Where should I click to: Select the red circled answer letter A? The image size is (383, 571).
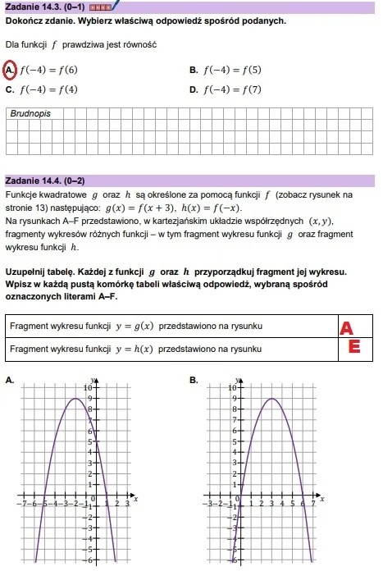click(x=11, y=70)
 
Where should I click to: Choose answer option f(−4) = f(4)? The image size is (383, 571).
click(x=48, y=89)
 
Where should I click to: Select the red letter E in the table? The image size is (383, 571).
click(x=354, y=348)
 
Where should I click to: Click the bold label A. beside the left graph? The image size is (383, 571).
click(x=8, y=380)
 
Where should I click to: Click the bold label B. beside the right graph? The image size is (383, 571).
click(x=194, y=380)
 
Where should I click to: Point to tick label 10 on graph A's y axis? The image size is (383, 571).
click(x=90, y=386)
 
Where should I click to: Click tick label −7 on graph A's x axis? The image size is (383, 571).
click(x=25, y=504)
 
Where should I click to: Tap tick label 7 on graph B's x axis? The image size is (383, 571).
click(x=312, y=504)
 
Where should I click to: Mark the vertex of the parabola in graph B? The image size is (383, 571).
click(x=271, y=399)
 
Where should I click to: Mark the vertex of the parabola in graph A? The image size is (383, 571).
click(x=75, y=399)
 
